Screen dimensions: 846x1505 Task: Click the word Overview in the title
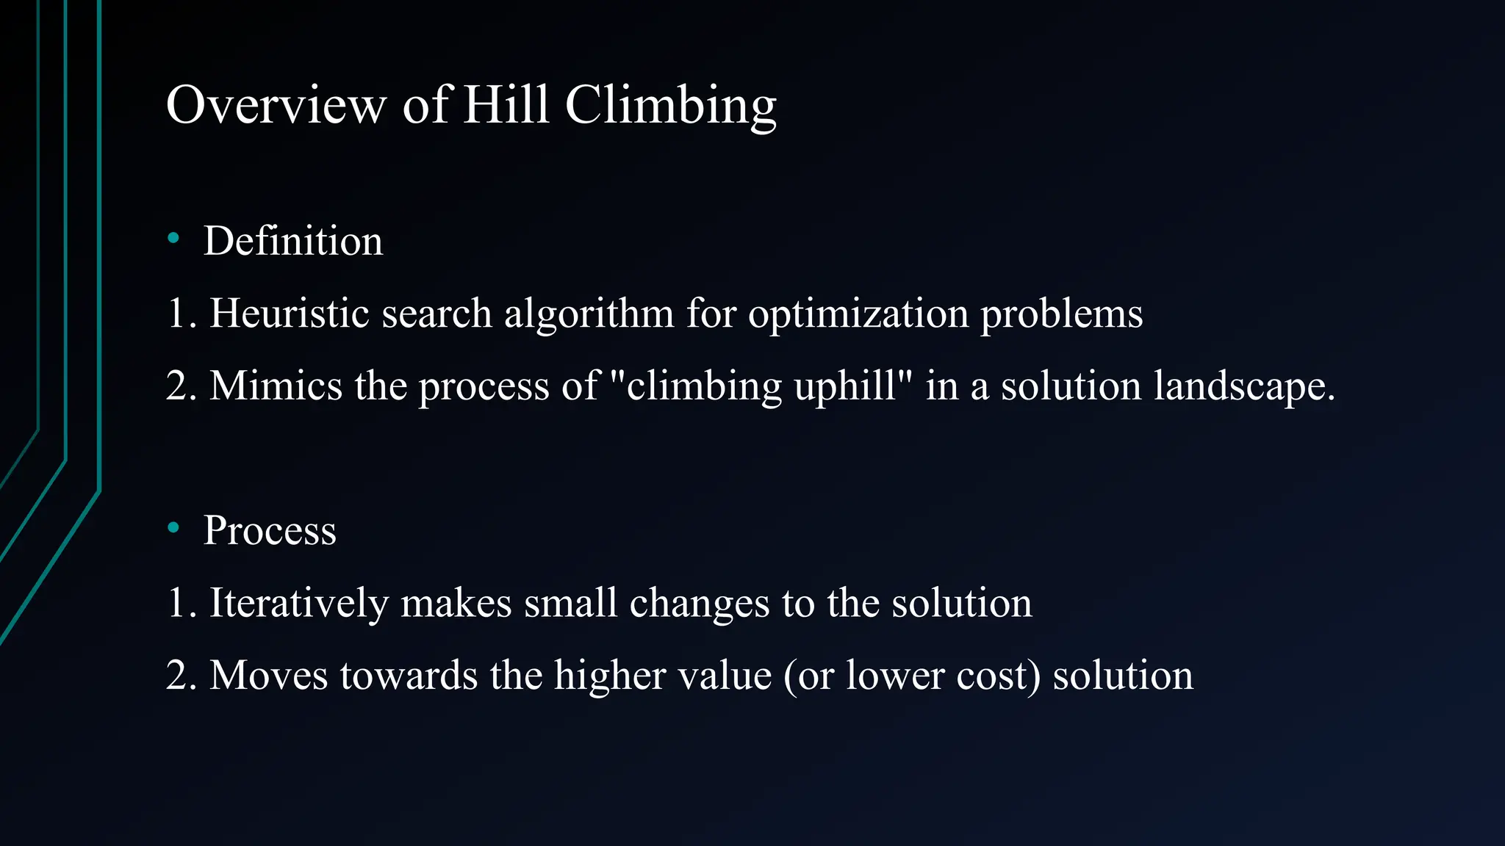pyautogui.click(x=276, y=105)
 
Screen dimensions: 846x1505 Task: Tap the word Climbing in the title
pyautogui.click(x=670, y=105)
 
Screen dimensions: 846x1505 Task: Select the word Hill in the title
pyautogui.click(x=506, y=105)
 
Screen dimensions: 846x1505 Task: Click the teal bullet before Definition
pyautogui.click(x=173, y=238)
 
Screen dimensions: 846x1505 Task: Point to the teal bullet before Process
pyautogui.click(x=173, y=527)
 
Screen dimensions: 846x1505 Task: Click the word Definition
pyautogui.click(x=293, y=241)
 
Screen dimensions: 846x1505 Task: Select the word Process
pyautogui.click(x=270, y=530)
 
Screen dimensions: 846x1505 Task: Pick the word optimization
pyautogui.click(x=858, y=314)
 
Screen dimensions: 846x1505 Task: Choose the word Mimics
pyautogui.click(x=276, y=386)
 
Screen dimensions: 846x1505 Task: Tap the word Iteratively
pyautogui.click(x=298, y=603)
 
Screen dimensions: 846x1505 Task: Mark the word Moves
pyautogui.click(x=268, y=675)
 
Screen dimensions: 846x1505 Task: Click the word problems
pyautogui.click(x=1061, y=314)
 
